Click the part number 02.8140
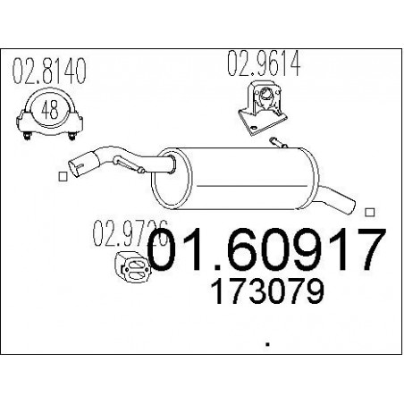click(x=49, y=71)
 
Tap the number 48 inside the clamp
click(x=50, y=110)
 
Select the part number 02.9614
click(x=264, y=63)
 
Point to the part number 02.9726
click(x=130, y=233)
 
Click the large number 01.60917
click(x=266, y=249)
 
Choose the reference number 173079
click(x=267, y=291)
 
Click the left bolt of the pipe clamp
click(x=27, y=136)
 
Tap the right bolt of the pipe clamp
click(x=72, y=136)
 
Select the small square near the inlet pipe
click(x=63, y=176)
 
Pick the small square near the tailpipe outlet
click(x=370, y=212)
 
